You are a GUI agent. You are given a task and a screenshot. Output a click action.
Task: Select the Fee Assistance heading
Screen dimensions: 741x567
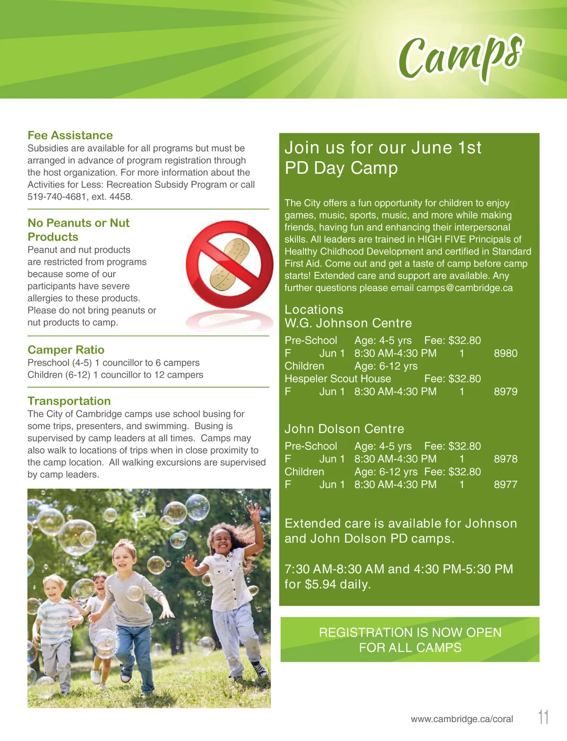point(70,136)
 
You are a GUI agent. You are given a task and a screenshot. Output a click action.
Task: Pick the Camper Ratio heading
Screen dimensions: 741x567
point(66,350)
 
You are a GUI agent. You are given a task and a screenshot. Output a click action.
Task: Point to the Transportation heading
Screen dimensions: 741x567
point(69,401)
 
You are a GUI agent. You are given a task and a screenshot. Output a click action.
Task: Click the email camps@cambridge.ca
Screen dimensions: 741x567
point(464,288)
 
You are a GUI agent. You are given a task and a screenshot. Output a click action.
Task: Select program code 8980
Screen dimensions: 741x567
point(506,353)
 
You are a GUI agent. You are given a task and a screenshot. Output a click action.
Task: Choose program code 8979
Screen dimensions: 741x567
point(506,392)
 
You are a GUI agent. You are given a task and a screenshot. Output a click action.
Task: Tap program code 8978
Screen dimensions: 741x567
point(506,459)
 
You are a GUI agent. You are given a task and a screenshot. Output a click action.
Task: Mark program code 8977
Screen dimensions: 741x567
point(506,485)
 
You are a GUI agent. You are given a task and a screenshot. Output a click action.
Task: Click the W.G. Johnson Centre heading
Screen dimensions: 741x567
point(348,324)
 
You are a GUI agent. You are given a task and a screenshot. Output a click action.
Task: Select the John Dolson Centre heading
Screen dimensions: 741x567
point(344,429)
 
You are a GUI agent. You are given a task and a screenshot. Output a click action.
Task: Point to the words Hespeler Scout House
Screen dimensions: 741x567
point(337,379)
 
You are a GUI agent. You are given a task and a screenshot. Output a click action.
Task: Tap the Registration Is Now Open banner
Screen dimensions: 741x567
point(410,639)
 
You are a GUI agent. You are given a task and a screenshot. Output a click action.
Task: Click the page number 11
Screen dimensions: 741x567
point(543,717)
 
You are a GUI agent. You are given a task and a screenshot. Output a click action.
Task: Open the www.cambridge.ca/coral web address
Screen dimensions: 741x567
point(462,719)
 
